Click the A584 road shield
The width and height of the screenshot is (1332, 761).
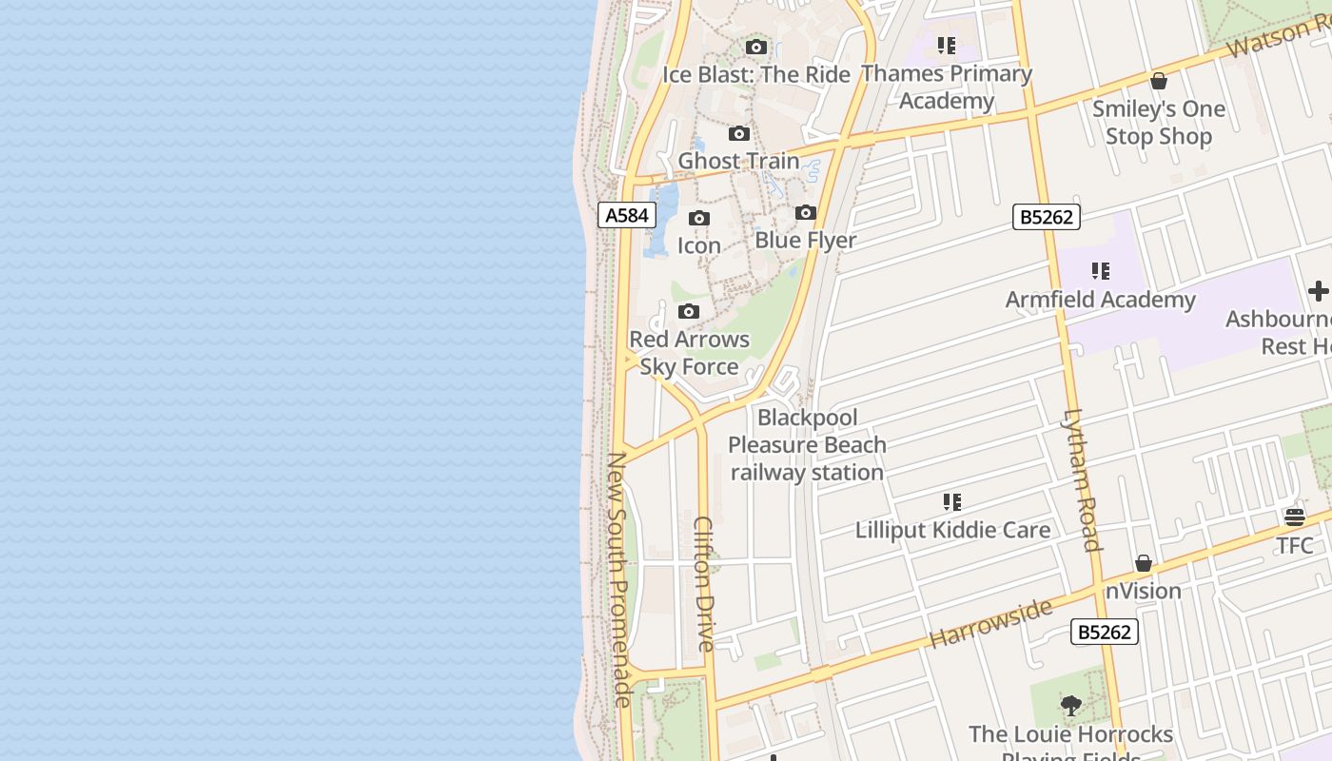(x=627, y=215)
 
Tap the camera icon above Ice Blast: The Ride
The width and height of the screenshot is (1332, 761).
(x=756, y=48)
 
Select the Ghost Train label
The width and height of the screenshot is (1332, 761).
(x=738, y=161)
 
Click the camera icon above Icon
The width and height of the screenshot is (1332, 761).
(x=699, y=219)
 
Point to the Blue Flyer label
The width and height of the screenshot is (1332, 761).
(x=806, y=241)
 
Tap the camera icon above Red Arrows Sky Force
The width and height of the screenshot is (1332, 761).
(x=689, y=312)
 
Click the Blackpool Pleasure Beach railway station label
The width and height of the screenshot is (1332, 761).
(x=807, y=444)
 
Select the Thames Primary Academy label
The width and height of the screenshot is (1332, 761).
(x=946, y=88)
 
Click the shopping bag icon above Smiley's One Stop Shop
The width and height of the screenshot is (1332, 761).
(x=1159, y=82)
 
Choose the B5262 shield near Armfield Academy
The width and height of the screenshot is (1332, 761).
(x=1047, y=217)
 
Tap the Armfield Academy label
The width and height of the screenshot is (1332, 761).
(x=1101, y=301)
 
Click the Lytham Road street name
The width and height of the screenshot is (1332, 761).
(x=1082, y=479)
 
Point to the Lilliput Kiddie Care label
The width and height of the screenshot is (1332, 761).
(x=952, y=531)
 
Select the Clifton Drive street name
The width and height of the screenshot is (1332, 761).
(x=705, y=583)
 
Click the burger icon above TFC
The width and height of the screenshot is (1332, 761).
(x=1295, y=517)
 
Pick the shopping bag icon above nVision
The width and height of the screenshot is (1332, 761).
(x=1144, y=564)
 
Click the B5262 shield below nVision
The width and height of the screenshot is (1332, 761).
(x=1105, y=632)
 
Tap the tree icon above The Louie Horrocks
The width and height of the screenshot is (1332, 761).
(x=1071, y=706)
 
